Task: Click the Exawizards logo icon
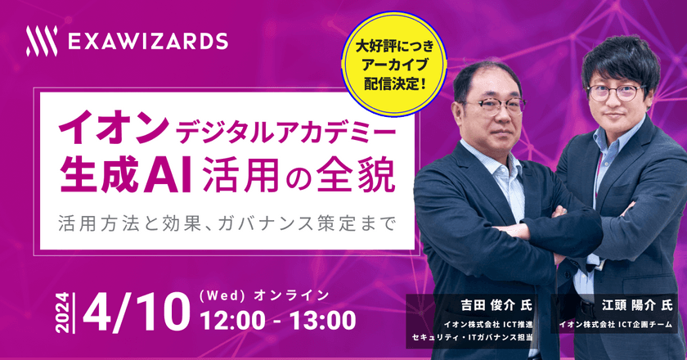tap(42, 41)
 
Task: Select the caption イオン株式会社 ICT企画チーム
tap(614, 325)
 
